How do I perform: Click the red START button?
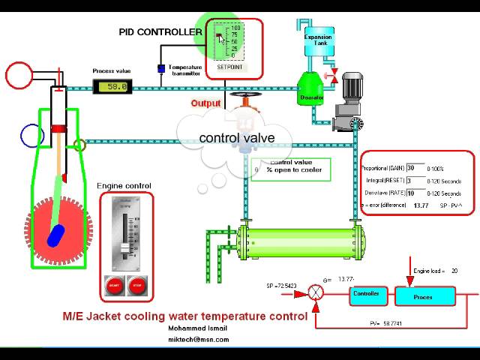click(115, 286)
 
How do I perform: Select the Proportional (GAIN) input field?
click(414, 168)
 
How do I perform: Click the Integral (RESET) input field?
click(414, 181)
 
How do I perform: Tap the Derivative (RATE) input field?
click(414, 193)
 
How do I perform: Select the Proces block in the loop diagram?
click(423, 297)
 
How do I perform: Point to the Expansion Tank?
click(317, 40)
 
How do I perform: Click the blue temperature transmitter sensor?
click(160, 69)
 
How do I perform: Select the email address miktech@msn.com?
click(199, 340)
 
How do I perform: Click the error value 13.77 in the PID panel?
click(421, 205)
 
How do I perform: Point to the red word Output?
click(205, 103)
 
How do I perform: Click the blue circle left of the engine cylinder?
click(31, 136)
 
